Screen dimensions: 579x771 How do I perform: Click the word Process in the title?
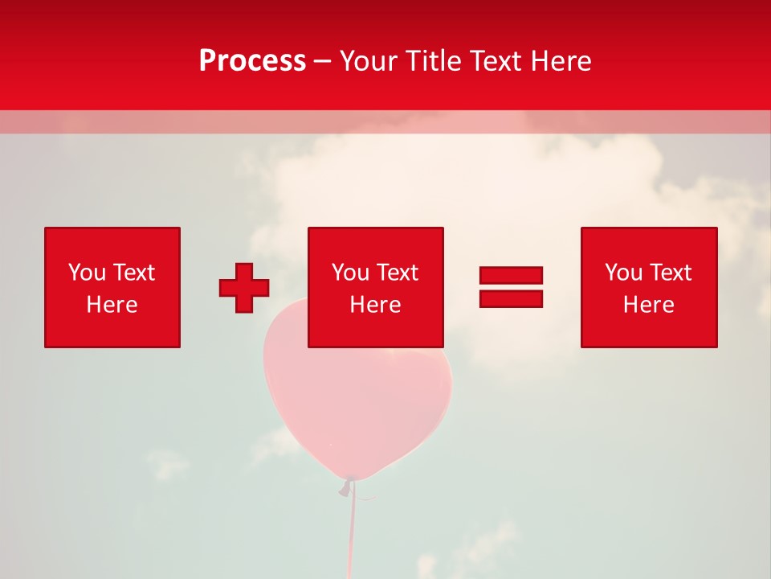252,61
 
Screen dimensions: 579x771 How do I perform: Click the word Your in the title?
369,61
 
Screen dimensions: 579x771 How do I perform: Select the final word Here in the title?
561,61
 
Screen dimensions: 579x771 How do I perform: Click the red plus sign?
244,288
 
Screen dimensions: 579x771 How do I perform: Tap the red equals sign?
511,287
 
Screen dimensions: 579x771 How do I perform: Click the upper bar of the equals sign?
511,276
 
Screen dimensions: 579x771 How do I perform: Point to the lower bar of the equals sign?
511,298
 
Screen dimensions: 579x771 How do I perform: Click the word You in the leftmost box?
87,273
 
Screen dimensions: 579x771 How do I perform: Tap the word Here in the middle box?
375,305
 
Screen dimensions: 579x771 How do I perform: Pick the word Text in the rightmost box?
670,273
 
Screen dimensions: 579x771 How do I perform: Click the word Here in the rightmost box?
648,305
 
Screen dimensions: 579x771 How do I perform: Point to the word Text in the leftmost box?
133,273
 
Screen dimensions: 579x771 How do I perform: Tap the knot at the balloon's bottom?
348,486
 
